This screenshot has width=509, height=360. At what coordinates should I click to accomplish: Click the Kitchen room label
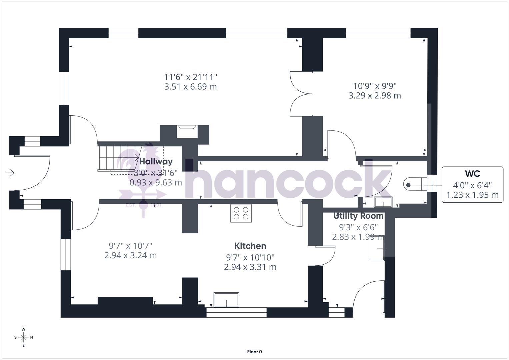250,246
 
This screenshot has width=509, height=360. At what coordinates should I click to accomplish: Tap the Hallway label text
156,162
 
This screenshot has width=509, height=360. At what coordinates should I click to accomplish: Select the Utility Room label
359,216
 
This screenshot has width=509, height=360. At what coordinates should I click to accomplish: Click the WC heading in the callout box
472,174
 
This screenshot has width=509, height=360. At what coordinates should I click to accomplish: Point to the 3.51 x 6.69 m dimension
191,87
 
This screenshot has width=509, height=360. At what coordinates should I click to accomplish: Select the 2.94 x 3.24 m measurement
131,255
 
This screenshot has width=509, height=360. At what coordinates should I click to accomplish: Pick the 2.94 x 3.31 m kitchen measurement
250,267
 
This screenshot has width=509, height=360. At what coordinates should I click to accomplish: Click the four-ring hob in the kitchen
241,213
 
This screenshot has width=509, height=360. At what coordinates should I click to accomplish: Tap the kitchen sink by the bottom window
226,300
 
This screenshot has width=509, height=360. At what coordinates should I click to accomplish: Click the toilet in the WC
415,184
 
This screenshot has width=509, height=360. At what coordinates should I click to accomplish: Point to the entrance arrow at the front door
10,173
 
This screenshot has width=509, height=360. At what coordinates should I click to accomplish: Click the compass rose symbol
23,337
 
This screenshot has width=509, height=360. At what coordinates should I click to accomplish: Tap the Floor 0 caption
255,352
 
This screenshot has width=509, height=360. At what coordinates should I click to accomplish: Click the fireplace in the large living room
187,131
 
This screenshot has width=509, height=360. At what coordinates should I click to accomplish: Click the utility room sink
376,249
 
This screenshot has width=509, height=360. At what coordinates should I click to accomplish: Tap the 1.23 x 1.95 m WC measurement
472,195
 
